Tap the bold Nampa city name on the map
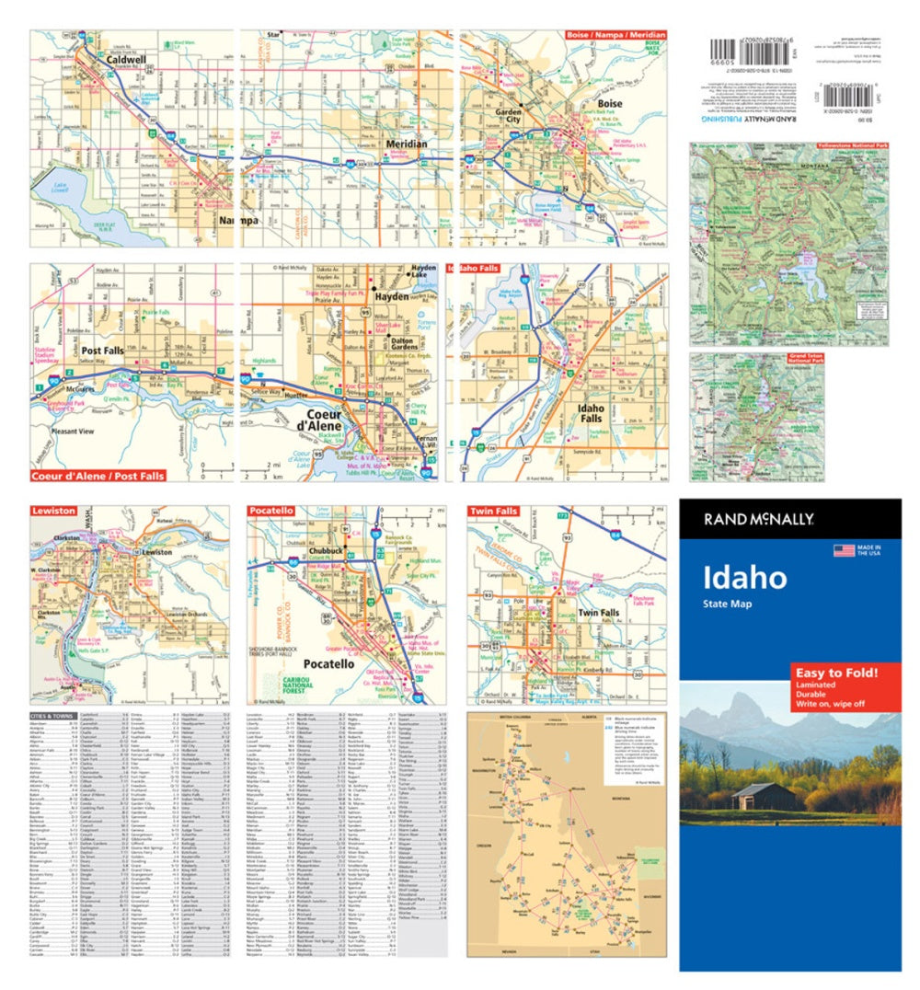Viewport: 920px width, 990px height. pyautogui.click(x=238, y=221)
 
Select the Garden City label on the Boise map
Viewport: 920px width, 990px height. pyautogui.click(x=508, y=115)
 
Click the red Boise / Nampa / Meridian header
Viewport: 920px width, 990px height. pyautogui.click(x=615, y=35)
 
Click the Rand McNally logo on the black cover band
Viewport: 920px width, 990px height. pyautogui.click(x=759, y=519)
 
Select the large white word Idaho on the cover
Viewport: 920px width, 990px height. pyautogui.click(x=745, y=577)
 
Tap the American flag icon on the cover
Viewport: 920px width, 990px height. pyautogui.click(x=843, y=550)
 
